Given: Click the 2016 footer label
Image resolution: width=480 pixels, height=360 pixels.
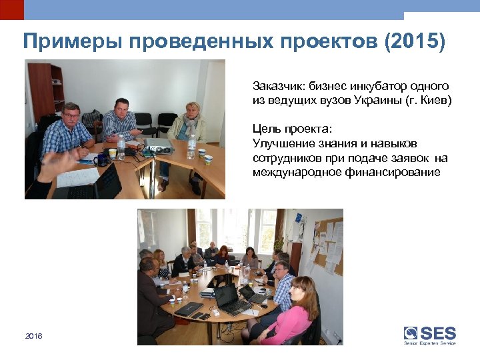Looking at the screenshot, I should point(33,336).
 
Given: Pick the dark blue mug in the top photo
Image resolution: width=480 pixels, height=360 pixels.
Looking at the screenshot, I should point(99,159).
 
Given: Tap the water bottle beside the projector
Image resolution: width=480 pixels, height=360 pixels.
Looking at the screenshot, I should point(191,147).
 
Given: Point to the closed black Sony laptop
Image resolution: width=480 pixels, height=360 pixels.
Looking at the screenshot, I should point(189,309).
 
